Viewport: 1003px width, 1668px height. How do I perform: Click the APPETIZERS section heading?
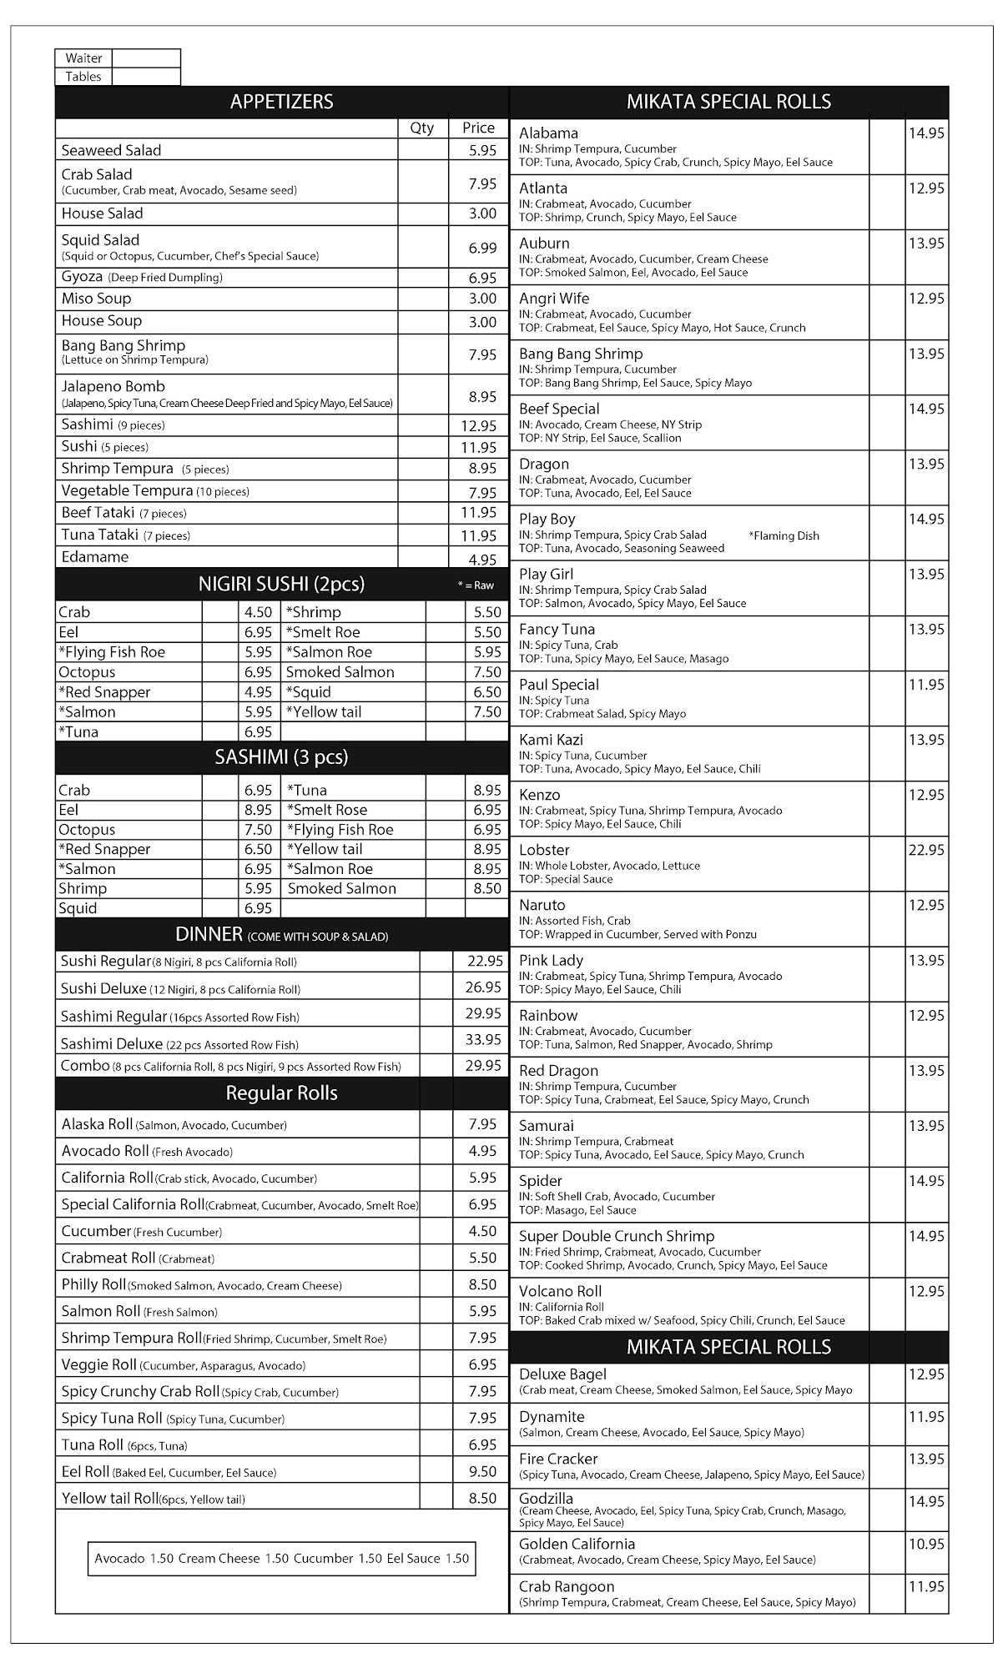281,102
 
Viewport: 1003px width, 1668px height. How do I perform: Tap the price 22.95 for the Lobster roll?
926,850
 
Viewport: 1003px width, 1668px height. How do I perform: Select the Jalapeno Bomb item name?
113,386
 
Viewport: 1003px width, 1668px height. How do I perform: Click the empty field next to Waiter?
146,58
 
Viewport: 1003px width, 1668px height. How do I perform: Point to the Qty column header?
422,128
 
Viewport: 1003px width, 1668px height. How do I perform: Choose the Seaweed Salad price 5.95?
482,150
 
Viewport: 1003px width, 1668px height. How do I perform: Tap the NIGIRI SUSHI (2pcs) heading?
281,584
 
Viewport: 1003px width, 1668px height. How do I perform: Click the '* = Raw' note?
476,585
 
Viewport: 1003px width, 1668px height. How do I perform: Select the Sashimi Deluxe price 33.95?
483,1039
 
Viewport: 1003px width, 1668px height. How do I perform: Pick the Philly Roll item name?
93,1284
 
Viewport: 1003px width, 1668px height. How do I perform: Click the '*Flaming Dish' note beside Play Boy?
784,535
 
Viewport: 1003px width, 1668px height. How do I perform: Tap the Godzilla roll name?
546,1499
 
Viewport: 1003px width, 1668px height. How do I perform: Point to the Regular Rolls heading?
281,1093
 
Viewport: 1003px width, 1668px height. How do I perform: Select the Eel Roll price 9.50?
482,1471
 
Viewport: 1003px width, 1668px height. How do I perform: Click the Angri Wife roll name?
554,299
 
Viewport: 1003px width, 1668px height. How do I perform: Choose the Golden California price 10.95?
926,1544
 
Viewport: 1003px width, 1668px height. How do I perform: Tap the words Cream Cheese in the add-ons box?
219,1558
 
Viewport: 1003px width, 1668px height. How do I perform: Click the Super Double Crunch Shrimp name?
617,1236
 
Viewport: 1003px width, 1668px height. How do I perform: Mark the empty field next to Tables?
146,77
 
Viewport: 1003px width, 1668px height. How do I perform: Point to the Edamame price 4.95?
482,559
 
